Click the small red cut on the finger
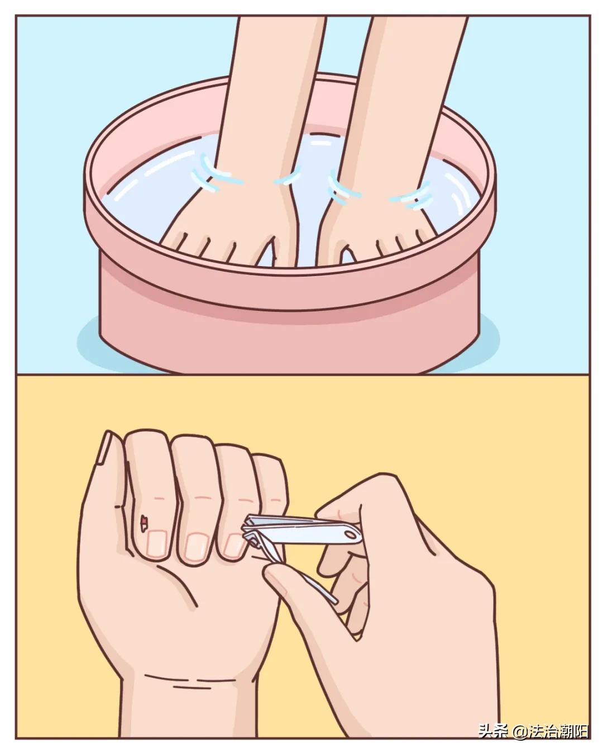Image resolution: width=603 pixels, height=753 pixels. pos(144,522)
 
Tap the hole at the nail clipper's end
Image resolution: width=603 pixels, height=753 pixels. pos(351,535)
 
